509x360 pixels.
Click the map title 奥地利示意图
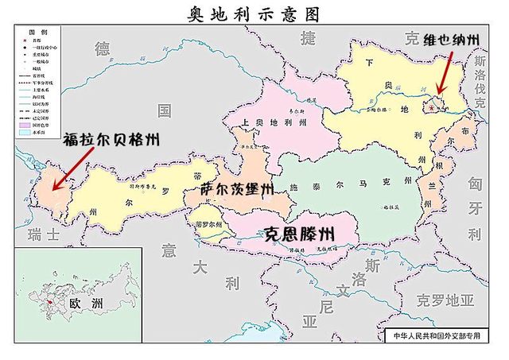coord(254,14)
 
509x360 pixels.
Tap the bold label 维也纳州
coord(452,41)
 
